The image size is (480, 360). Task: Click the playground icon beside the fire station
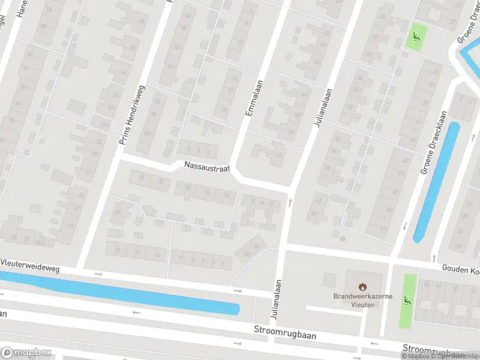tap(409, 301)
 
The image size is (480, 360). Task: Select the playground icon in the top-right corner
tap(415, 37)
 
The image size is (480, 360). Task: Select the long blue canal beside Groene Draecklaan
tap(436, 180)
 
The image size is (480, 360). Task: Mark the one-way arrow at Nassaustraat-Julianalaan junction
tap(290, 203)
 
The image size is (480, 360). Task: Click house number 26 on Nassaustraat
tap(142, 176)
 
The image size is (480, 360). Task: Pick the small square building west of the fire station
tap(329, 280)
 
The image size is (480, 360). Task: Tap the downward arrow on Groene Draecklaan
tap(406, 226)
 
